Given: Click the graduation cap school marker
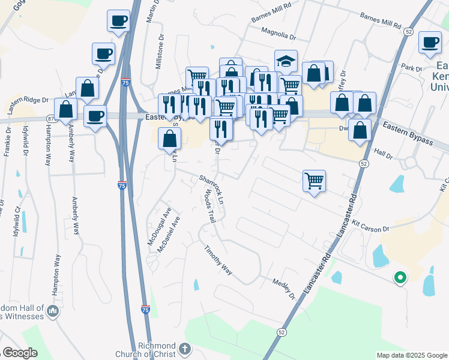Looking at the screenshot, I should click(286, 61).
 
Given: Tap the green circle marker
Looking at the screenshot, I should click(399, 277).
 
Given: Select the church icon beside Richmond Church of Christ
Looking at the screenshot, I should click(185, 348).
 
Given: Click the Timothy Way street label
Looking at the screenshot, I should click(218, 261).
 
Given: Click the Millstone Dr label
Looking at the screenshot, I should click(160, 55).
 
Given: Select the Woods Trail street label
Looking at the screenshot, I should click(209, 207).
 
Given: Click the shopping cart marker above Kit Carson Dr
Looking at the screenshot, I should click(315, 180).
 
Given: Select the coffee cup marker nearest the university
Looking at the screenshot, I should click(430, 43).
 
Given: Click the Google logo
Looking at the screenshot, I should click(19, 353).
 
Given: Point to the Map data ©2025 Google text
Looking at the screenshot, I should click(411, 355).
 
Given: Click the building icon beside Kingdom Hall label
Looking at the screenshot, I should click(53, 311).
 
